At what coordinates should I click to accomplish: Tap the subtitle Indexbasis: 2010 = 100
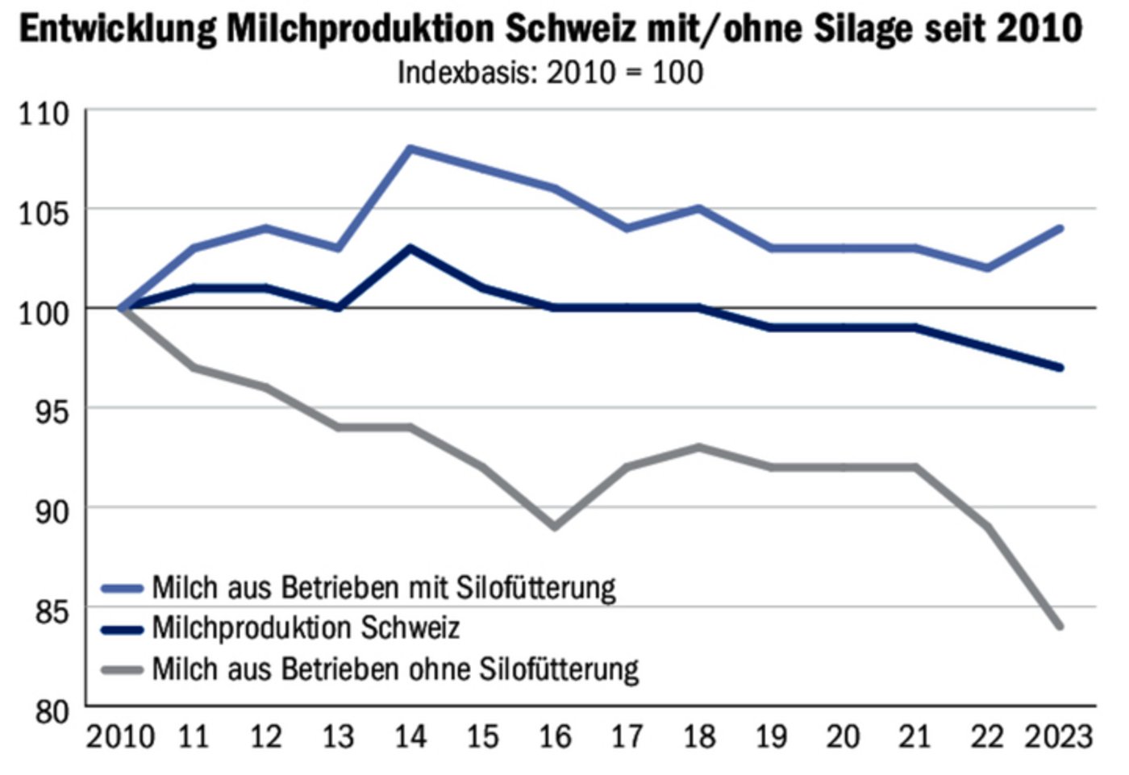point(550,73)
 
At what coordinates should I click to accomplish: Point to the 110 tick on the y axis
point(44,114)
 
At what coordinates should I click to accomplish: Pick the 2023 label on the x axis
point(1058,736)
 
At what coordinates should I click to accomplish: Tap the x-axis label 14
point(410,736)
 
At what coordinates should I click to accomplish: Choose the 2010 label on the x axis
point(120,736)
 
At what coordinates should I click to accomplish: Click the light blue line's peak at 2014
point(410,148)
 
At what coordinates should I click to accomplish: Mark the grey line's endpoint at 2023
point(1060,626)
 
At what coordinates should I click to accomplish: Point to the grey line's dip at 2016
point(554,527)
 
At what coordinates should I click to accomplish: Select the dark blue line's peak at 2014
point(410,248)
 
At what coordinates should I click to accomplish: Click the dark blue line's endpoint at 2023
point(1060,368)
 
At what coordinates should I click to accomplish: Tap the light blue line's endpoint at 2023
point(1060,228)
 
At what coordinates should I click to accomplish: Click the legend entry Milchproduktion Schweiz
point(306,627)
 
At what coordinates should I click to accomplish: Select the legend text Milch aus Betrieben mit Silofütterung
point(384,587)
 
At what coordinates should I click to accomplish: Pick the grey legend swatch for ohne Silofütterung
point(122,669)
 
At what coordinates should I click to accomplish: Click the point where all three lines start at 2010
point(122,307)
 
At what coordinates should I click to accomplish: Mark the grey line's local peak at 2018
point(698,447)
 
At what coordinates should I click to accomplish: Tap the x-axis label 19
point(771,736)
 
